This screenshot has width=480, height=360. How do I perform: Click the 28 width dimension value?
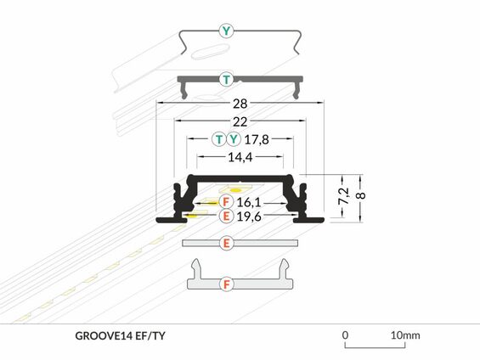(240, 104)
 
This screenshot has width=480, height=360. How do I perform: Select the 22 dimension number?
(240, 122)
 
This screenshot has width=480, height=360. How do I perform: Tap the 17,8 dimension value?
(257, 140)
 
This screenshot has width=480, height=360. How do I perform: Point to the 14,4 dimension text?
(240, 157)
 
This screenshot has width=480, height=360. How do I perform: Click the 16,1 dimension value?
(249, 202)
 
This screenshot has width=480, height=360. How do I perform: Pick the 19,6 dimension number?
(249, 217)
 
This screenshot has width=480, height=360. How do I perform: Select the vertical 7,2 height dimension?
(344, 196)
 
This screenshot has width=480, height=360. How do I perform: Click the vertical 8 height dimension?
(361, 195)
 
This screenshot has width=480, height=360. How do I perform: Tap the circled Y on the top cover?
(226, 31)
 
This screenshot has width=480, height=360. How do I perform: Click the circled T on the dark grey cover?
(226, 80)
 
